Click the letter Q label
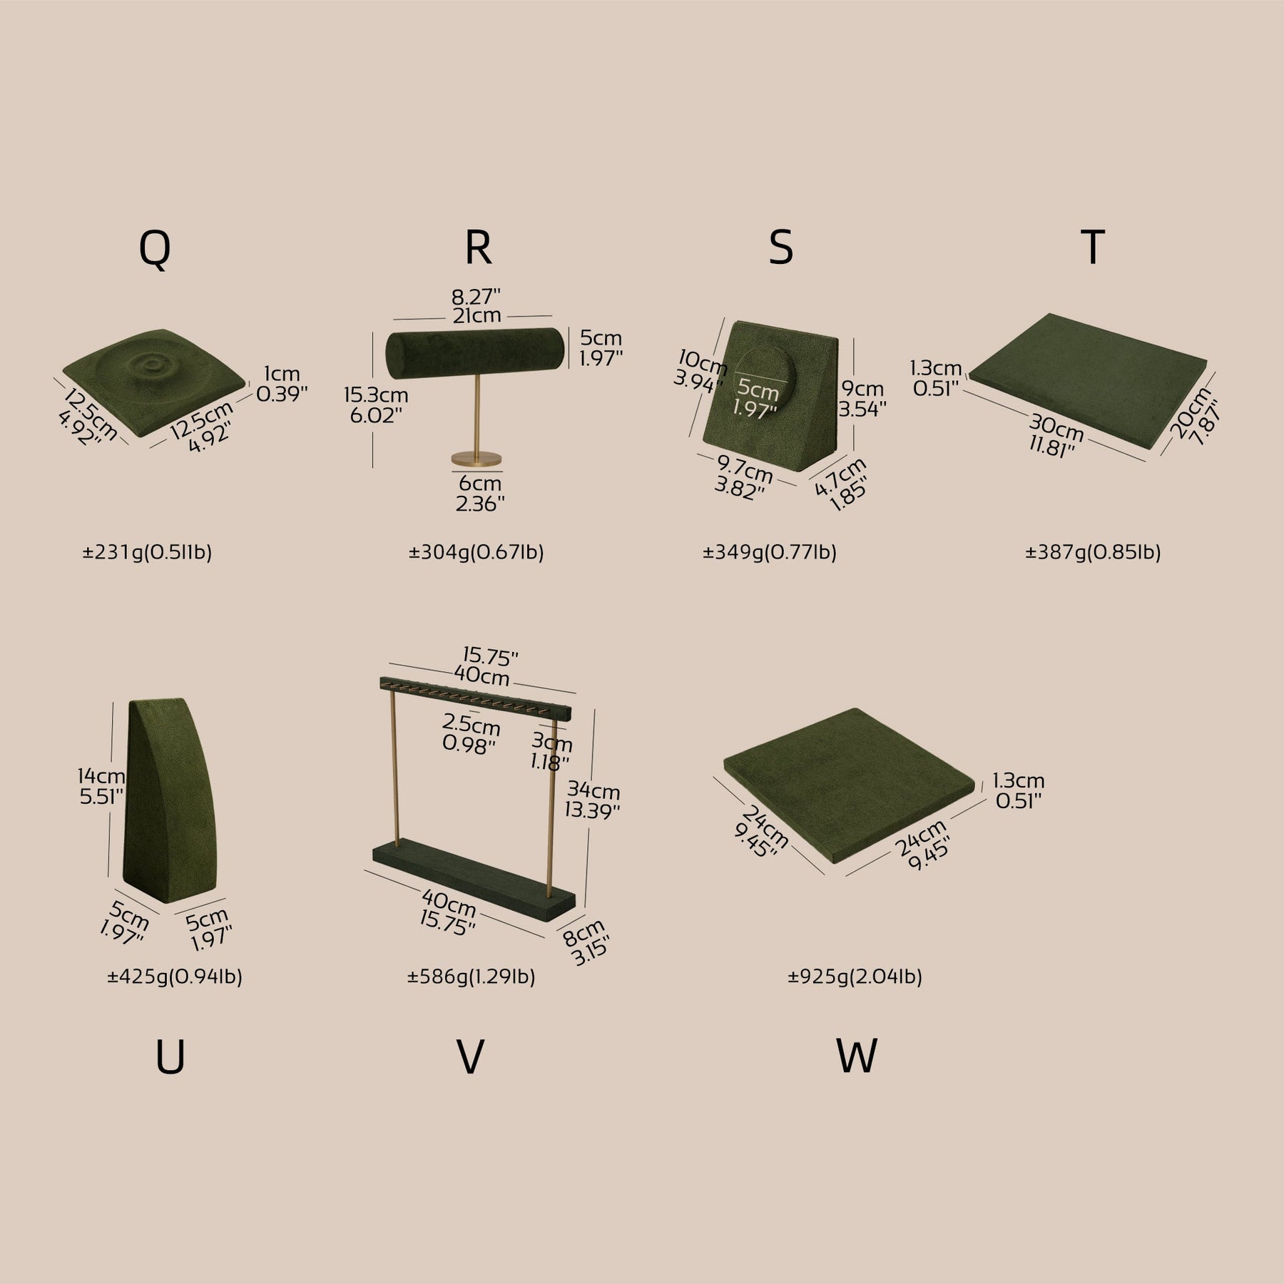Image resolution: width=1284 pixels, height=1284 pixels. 155,249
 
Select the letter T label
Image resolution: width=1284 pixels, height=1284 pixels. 1093,247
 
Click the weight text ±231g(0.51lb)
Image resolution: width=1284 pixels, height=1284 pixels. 147,552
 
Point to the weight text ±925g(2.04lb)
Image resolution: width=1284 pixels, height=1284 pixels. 855,977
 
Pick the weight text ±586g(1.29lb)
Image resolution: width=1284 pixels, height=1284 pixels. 471,977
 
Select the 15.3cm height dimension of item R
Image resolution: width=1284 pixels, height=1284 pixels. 375,395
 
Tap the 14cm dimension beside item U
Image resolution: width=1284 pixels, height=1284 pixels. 102,775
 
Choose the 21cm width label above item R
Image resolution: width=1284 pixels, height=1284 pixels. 477,315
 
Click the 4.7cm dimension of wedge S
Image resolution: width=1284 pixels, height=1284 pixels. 840,474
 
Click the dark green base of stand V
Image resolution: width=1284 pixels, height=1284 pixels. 474,881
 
